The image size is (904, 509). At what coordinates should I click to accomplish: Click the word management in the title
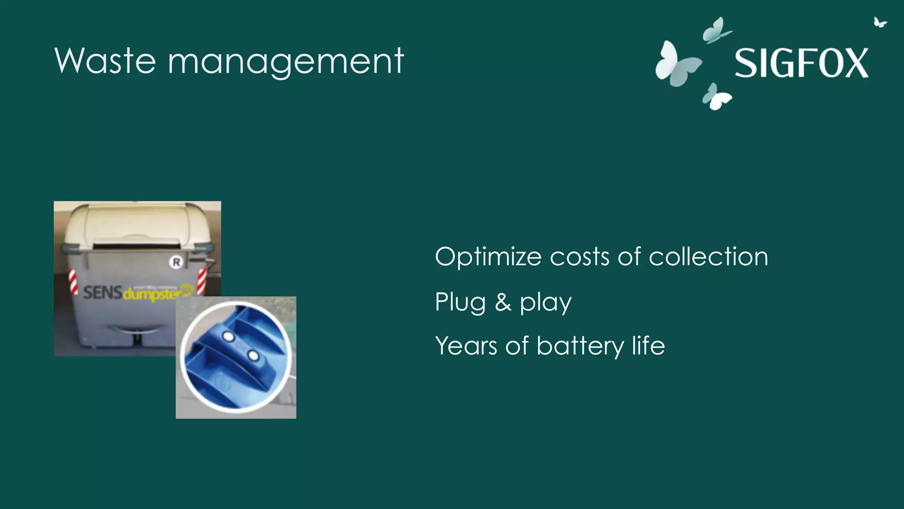click(286, 62)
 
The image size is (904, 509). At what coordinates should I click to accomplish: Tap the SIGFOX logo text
click(801, 63)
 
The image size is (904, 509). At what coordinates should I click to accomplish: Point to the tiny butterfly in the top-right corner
click(880, 22)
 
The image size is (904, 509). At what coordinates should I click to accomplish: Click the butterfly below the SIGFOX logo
click(716, 97)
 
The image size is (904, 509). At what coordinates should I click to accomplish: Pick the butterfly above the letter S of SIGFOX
click(716, 31)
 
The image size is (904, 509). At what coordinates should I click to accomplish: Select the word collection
click(708, 256)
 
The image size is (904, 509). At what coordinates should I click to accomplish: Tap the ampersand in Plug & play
click(503, 302)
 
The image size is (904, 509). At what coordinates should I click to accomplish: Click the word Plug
click(460, 303)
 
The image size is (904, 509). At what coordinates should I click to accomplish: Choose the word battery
click(580, 346)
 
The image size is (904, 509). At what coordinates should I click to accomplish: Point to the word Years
click(466, 346)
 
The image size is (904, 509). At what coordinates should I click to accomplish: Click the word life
click(648, 345)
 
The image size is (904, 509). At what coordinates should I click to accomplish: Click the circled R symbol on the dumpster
click(176, 262)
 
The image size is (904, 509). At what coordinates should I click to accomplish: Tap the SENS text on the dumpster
click(102, 292)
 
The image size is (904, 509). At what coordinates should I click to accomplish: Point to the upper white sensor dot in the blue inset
click(229, 337)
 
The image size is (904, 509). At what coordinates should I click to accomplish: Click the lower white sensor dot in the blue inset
click(253, 355)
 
